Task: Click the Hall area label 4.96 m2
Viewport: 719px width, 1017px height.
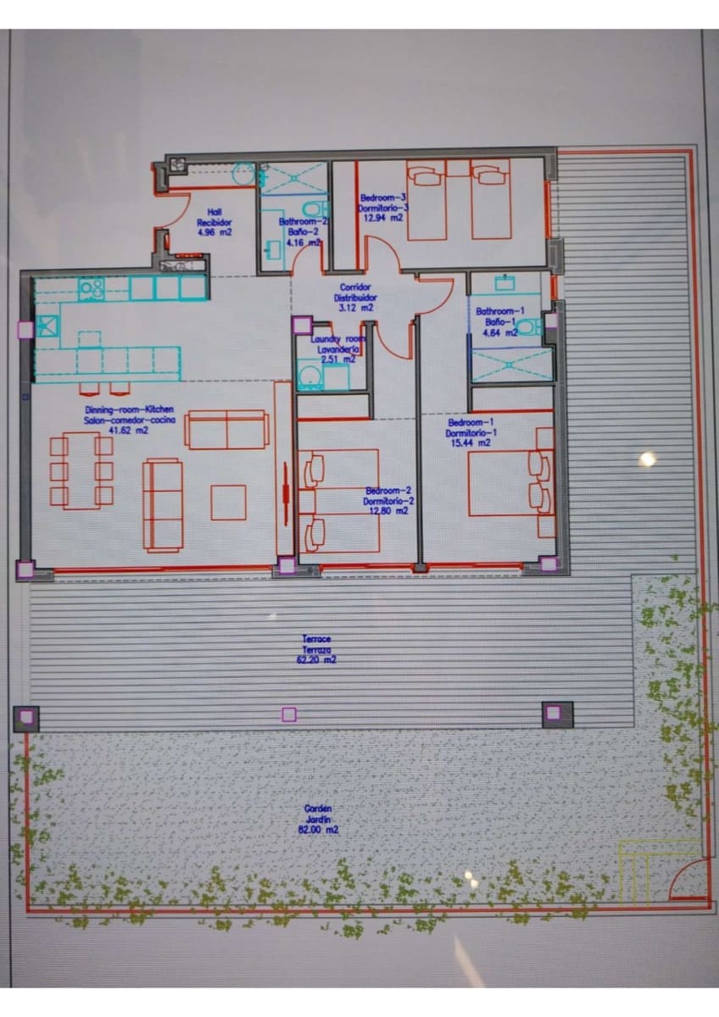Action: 214,231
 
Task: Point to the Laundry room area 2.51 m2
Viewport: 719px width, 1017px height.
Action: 338,359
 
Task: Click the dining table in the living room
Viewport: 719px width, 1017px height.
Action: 81,470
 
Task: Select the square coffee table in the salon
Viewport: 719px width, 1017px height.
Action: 228,502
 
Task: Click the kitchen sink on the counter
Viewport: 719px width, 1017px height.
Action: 47,324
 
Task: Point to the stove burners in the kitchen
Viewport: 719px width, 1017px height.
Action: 91,289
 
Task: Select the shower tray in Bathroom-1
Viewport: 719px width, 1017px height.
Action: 511,364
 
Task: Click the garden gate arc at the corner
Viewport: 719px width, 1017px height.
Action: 688,881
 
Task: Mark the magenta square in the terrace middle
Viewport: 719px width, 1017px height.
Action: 289,714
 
